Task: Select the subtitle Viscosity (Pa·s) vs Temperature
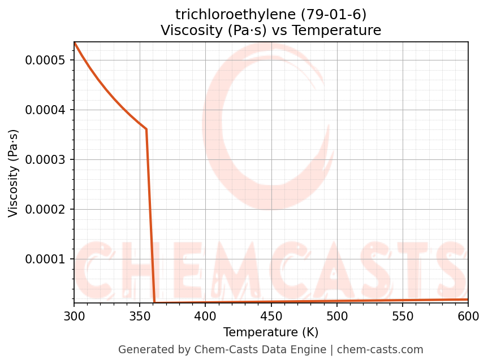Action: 271,31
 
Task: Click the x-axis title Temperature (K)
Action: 271,332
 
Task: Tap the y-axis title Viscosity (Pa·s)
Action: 14,173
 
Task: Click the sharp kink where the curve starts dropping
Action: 146,129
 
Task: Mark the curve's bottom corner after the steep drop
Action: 154,302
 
